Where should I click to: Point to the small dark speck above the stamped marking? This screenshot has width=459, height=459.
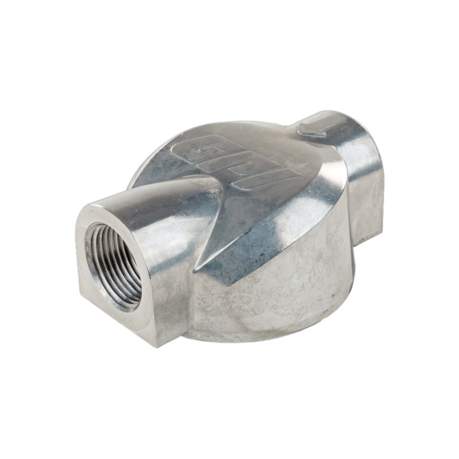[x=333, y=294]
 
